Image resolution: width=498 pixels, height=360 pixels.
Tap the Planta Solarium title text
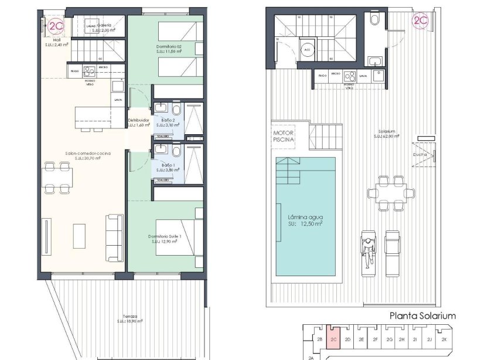click(422, 316)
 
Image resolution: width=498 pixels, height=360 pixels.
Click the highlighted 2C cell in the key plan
click(333, 339)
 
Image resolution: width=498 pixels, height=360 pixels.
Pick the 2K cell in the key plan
click(445, 339)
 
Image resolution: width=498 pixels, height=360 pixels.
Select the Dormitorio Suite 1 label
click(165, 239)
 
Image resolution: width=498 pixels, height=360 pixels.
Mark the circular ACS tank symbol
click(306, 50)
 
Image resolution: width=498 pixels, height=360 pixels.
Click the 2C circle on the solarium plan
click(420, 21)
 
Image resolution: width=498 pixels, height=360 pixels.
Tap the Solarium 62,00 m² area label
click(387, 134)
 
